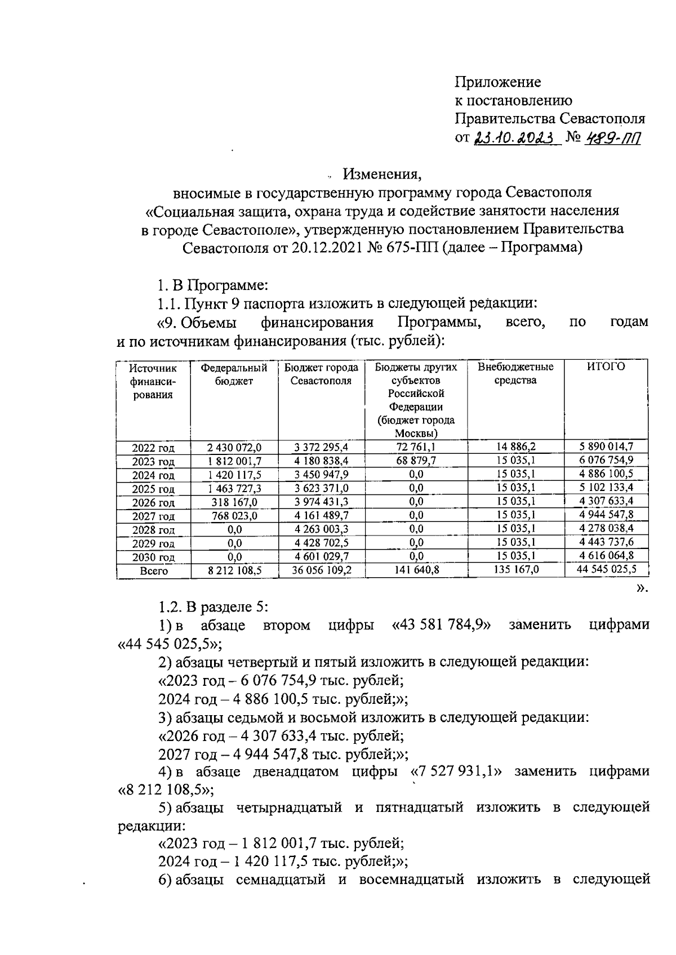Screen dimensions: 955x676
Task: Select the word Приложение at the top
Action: click(x=497, y=82)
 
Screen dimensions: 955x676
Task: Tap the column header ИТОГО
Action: click(x=606, y=367)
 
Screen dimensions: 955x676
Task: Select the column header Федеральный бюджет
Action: click(x=234, y=374)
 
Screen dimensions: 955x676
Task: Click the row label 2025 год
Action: click(x=153, y=489)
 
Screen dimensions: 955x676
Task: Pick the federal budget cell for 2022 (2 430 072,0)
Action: click(x=234, y=448)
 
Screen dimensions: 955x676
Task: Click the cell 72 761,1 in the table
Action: click(x=416, y=448)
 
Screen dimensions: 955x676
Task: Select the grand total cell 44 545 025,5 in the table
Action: click(x=606, y=569)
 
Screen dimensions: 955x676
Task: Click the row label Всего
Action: click(x=153, y=571)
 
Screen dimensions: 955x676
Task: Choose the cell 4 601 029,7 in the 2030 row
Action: click(x=321, y=556)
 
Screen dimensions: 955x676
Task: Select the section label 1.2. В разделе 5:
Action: click(x=214, y=607)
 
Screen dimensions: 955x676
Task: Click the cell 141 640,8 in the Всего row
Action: click(x=416, y=570)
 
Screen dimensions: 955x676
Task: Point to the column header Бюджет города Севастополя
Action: click(x=321, y=374)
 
